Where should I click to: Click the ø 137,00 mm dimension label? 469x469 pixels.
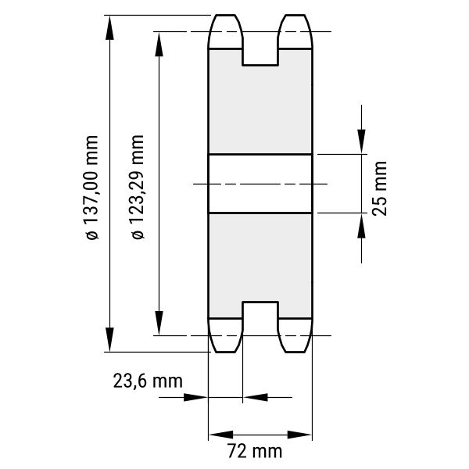[91, 188]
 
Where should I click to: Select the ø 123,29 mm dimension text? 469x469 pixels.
[138, 187]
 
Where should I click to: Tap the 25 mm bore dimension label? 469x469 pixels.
[379, 188]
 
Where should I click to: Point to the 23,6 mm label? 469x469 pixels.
[148, 381]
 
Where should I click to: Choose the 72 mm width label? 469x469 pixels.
[255, 451]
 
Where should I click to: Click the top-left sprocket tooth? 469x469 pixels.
[226, 31]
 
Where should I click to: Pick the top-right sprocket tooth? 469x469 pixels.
[295, 31]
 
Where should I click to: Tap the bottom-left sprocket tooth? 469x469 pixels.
[226, 335]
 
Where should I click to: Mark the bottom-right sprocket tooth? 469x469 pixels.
[295, 335]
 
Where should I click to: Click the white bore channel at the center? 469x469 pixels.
[260, 184]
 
